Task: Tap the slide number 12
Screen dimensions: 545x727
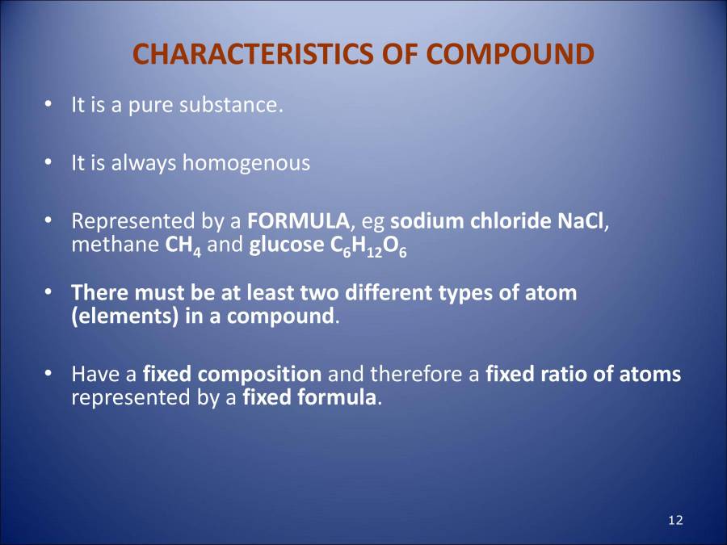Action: point(676,520)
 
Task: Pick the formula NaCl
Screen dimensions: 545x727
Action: point(581,220)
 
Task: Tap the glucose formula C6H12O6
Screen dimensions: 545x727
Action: point(368,246)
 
